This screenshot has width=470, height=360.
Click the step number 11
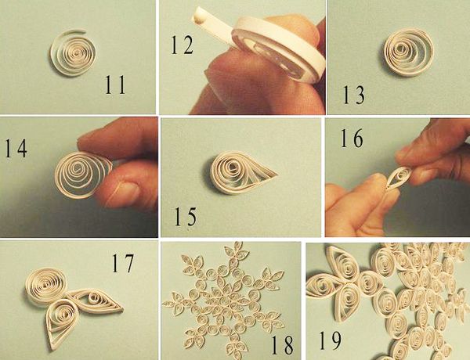tap(115, 85)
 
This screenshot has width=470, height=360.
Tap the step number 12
tap(183, 45)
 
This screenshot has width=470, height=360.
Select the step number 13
tap(354, 95)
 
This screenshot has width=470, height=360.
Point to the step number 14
tap(16, 148)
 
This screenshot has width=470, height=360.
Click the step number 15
tap(186, 217)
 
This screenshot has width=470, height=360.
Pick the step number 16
tap(352, 138)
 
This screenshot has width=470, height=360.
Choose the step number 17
tap(123, 263)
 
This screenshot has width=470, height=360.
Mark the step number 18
tap(282, 345)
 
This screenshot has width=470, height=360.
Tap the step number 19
tap(330, 340)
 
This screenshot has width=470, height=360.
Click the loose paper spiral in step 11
tap(73, 52)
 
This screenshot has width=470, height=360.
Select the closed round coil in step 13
tap(409, 52)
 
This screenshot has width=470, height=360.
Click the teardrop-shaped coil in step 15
tap(244, 172)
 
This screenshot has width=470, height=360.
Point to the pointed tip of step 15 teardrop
tap(277, 175)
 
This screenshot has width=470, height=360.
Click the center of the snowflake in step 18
tap(223, 300)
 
